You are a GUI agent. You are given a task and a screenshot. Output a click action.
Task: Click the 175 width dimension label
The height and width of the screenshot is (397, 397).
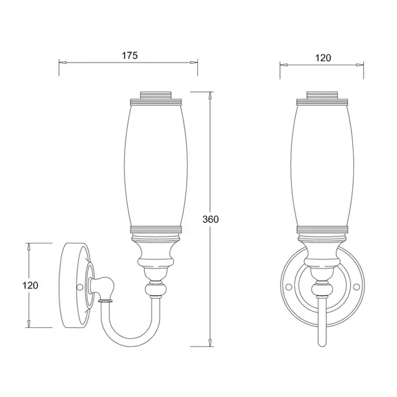coord(130,56)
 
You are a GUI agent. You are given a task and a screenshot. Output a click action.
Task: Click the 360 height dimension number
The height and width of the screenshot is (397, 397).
coord(210,219)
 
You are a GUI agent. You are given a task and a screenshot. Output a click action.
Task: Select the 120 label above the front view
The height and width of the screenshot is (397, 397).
coord(323,58)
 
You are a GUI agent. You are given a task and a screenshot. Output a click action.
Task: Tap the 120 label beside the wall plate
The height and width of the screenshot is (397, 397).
coord(31,286)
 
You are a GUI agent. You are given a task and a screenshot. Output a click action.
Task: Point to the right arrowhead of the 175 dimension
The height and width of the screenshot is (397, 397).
coord(194,62)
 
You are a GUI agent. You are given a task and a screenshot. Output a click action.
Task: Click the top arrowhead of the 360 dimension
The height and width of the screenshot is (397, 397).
coord(210,95)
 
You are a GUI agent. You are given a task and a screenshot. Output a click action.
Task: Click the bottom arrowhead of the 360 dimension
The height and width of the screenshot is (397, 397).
coord(210,343)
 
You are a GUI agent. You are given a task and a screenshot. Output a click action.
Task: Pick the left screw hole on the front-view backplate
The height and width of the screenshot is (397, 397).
coord(288,286)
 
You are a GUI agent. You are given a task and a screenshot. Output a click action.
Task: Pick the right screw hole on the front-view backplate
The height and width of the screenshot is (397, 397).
coord(357,286)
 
